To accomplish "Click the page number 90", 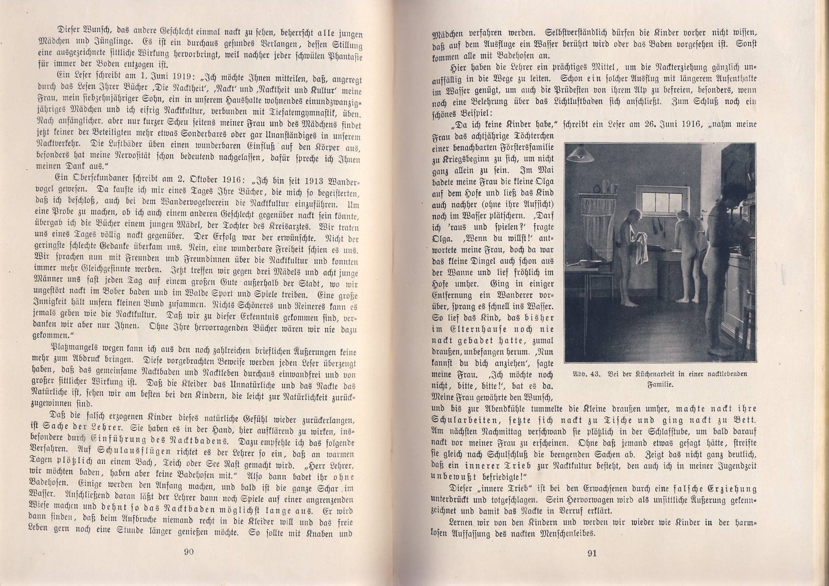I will pos(189,552).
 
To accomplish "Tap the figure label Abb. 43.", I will pos(586,374).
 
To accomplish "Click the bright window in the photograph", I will pos(659,192).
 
